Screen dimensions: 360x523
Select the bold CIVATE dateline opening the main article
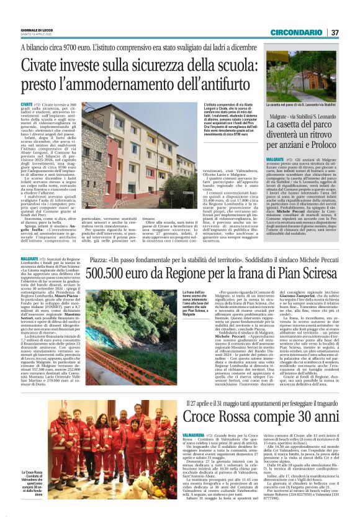click(x=26, y=105)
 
